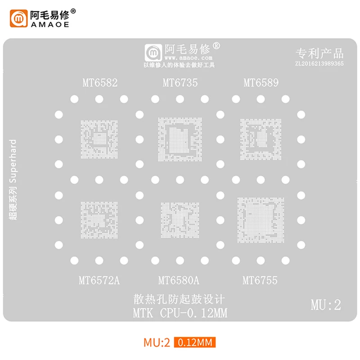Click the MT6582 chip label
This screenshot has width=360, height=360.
(99, 83)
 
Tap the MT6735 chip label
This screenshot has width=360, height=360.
(180, 83)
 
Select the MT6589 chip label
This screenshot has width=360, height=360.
(261, 83)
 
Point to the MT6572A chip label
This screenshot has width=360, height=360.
(99, 281)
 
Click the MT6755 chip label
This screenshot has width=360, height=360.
(260, 281)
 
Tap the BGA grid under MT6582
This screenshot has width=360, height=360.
(99, 138)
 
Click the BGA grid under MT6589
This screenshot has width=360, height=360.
(261, 138)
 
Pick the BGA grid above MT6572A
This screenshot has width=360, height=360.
(99, 219)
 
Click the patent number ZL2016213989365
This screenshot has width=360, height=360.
(319, 64)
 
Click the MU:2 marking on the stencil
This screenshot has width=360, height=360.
(326, 305)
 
